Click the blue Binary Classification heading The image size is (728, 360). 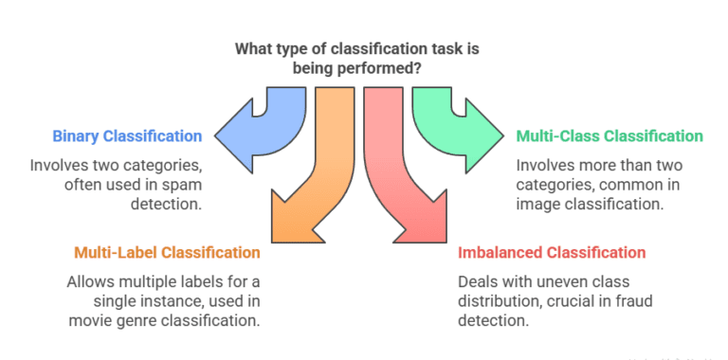(128, 136)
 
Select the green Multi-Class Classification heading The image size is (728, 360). (610, 136)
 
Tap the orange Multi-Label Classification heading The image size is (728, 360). (167, 253)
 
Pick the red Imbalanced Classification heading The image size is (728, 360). (552, 253)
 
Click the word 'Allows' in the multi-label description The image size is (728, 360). (90, 282)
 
